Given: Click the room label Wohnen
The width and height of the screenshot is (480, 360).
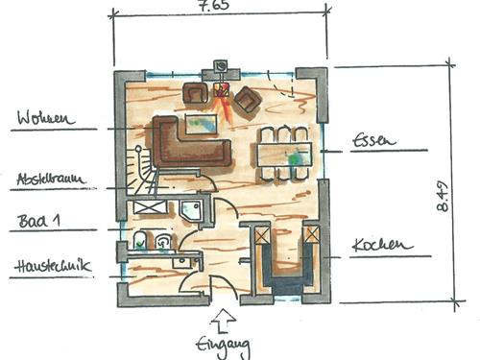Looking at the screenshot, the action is point(46,118).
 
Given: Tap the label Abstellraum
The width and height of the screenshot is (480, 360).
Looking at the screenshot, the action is point(51,179).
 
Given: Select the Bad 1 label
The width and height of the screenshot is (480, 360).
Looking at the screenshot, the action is point(39,221).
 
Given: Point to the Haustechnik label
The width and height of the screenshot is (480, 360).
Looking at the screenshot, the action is point(53,266).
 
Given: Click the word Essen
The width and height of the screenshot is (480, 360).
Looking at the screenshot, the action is point(373,140).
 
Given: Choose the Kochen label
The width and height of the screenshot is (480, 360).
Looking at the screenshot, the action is point(382,245).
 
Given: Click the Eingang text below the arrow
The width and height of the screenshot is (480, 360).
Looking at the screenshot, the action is point(223,347).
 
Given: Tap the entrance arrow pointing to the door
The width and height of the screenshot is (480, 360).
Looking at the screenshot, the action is point(224,321).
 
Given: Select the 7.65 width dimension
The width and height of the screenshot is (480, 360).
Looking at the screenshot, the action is point(214,6).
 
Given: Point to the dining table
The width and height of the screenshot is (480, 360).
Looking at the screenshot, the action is point(284,155).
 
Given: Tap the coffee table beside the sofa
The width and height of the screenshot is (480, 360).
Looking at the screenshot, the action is point(202,125).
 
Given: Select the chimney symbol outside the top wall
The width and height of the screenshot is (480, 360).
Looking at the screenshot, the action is point(221,66).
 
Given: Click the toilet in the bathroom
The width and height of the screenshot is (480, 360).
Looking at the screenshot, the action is point(140,240).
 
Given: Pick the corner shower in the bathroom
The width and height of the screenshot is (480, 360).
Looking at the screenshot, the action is point(191,210).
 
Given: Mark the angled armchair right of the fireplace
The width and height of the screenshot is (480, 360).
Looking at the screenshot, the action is point(249,100).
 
